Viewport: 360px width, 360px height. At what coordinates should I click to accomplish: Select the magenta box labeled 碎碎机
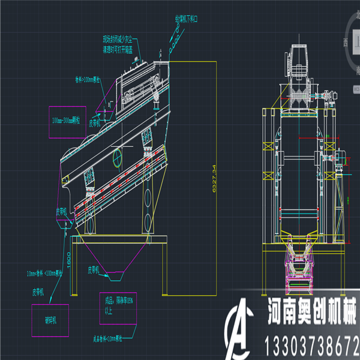coord(51,320)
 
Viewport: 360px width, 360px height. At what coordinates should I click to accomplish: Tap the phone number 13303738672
coord(311,346)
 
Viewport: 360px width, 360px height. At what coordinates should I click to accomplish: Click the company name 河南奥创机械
coord(311,314)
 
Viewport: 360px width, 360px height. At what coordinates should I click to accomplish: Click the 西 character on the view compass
coord(346,43)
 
